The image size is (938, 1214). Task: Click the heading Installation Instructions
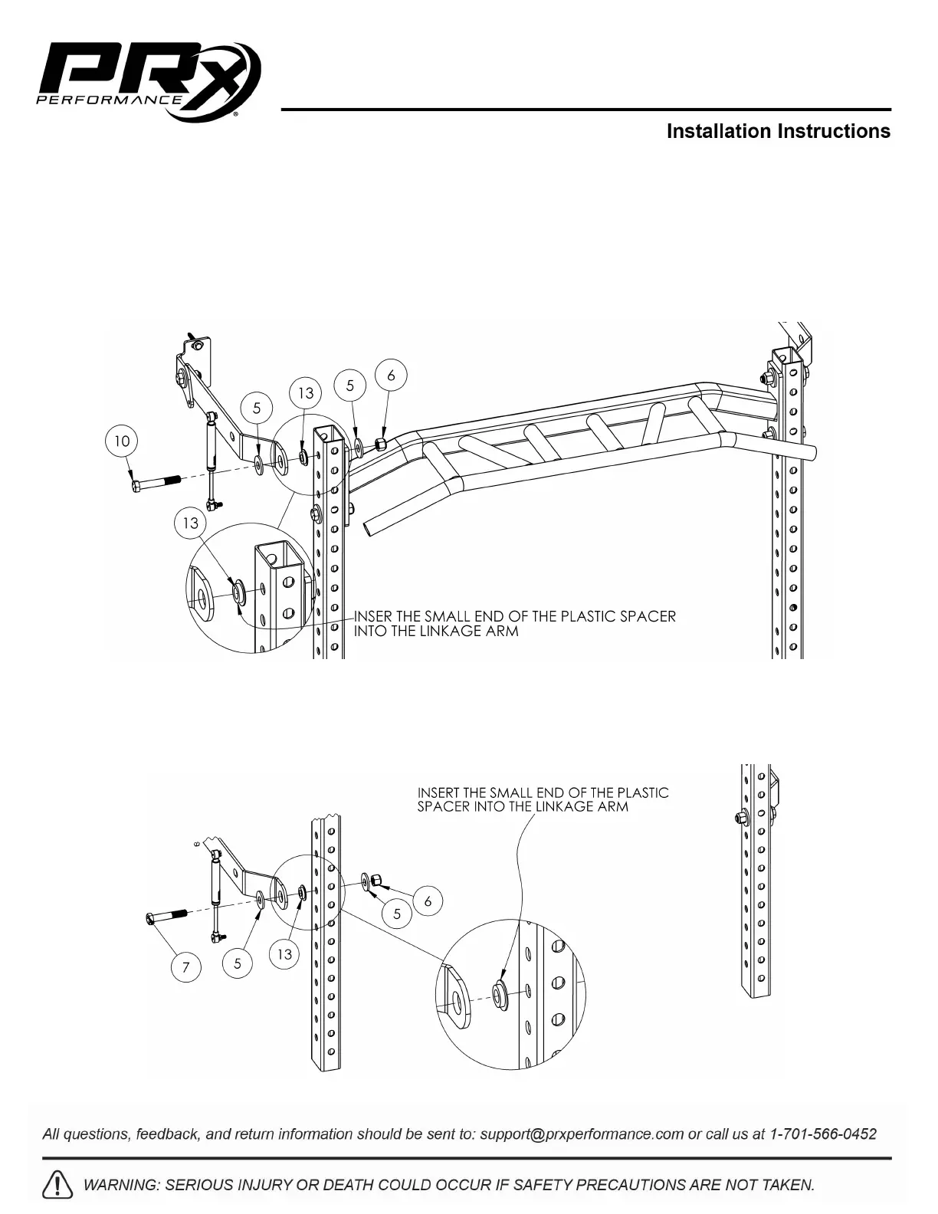click(x=778, y=131)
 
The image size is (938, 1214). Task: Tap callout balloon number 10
click(x=122, y=441)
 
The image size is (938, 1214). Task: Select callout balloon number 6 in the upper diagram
click(x=391, y=376)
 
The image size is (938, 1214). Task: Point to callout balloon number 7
click(x=185, y=967)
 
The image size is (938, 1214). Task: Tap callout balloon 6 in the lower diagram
click(x=428, y=901)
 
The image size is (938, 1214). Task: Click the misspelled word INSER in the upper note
click(x=371, y=616)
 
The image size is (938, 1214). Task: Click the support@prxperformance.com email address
click(x=582, y=1134)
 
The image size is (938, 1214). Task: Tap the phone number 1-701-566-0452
click(x=823, y=1134)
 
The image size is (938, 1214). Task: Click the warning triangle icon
click(x=58, y=1185)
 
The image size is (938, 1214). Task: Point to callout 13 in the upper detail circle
click(x=190, y=523)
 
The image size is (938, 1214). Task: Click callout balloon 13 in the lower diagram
click(x=284, y=954)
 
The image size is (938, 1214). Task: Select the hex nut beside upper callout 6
click(x=380, y=445)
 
